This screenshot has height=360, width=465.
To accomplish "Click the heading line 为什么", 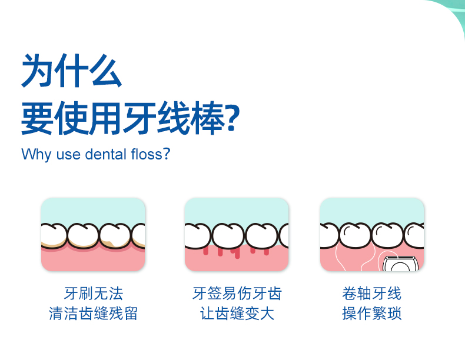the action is [71, 71].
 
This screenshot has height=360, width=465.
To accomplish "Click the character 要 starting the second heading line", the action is [38, 118].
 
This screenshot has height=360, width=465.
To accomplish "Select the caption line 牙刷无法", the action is [94, 294].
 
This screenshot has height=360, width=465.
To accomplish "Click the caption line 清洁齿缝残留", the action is [93, 313].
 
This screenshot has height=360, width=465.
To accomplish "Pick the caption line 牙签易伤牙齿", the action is [237, 294].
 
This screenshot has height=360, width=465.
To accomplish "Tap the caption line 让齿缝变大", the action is [237, 313].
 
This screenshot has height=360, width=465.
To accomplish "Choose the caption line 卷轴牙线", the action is [371, 294].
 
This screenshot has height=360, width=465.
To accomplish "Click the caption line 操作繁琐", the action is [371, 313].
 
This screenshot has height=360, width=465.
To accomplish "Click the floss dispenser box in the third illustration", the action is [400, 264].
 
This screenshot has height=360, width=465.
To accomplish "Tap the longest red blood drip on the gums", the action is [237, 253].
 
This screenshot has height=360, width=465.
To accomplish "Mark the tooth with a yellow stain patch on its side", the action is [115, 236].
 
